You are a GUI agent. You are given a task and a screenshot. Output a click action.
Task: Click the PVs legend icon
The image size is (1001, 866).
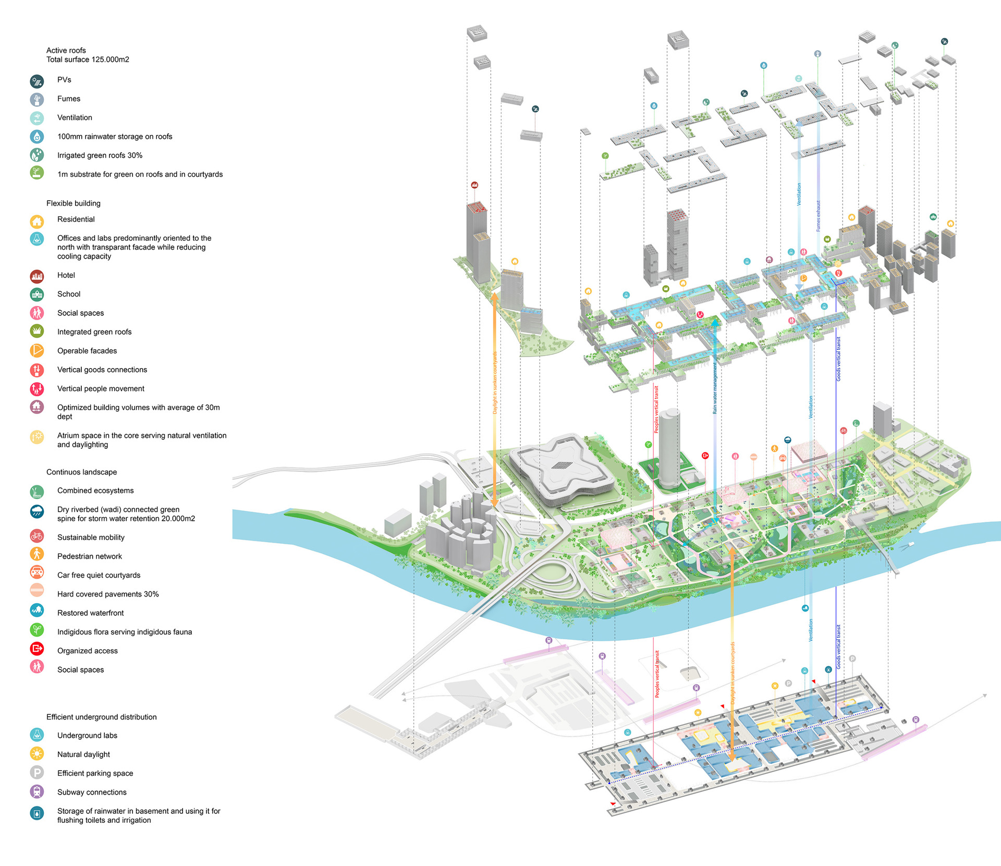pos(36,81)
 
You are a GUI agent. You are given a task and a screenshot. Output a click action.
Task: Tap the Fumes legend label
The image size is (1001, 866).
pos(69,99)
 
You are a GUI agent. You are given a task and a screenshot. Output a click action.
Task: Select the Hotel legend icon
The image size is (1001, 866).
pos(36,276)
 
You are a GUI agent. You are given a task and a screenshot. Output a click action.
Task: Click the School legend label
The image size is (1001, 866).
pos(69,294)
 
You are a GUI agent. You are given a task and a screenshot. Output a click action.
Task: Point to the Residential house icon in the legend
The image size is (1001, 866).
pos(36,221)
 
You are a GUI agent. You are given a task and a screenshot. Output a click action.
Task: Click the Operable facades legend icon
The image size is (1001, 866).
pos(36,351)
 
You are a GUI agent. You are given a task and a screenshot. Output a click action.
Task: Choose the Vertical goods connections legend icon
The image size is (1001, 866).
pos(36,370)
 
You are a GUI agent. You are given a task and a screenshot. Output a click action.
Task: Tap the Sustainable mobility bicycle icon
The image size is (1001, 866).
pos(36,536)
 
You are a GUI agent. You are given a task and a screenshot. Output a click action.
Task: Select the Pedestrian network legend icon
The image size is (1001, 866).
pos(36,554)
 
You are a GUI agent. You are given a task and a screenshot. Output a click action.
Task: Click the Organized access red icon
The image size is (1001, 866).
pos(36,649)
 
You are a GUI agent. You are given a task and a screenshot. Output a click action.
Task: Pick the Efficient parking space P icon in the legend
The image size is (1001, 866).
pos(36,773)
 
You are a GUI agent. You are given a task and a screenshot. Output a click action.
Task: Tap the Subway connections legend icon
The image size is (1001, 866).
pos(36,791)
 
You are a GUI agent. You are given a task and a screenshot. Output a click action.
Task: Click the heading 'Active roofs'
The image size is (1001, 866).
pos(66,51)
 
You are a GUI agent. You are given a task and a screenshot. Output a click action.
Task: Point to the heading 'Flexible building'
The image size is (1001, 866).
pos(74,203)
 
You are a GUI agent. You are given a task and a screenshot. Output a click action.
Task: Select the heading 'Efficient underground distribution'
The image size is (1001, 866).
pos(102,717)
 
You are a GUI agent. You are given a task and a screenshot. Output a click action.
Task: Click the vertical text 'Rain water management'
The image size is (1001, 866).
pos(715,388)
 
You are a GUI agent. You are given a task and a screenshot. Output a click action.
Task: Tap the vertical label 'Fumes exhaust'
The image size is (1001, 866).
pos(818,216)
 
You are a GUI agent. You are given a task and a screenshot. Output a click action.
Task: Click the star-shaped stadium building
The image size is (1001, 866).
pos(560,467)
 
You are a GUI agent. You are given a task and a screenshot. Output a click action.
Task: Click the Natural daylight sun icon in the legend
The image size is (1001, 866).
pos(36,754)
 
